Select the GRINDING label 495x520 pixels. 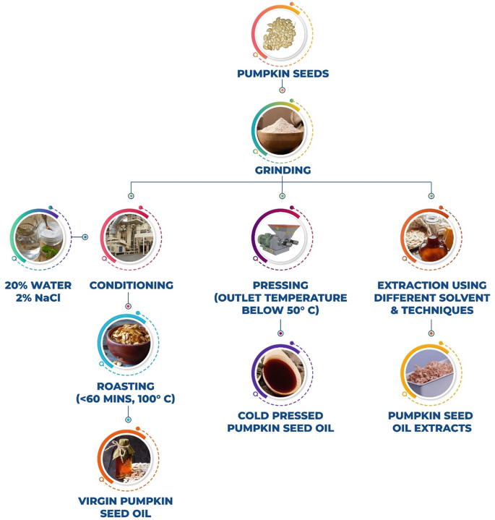tap(282, 171)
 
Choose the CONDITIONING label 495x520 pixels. tap(132, 285)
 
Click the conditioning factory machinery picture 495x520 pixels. tap(129, 237)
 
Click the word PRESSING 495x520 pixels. tap(281, 285)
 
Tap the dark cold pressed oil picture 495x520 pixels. tap(281, 373)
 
